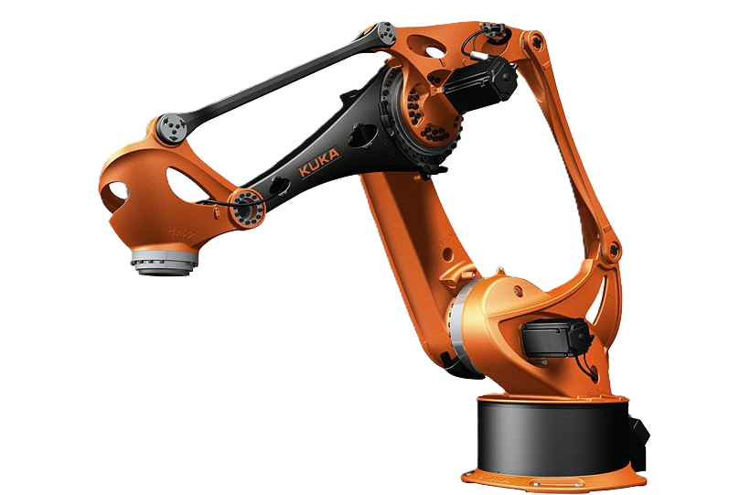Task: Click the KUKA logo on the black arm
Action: (x=319, y=162)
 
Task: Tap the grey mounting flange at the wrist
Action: (x=164, y=262)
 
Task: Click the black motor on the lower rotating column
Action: (x=556, y=339)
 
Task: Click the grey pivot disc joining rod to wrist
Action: (x=172, y=128)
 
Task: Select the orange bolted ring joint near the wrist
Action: (x=247, y=208)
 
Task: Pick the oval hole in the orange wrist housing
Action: (x=186, y=184)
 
